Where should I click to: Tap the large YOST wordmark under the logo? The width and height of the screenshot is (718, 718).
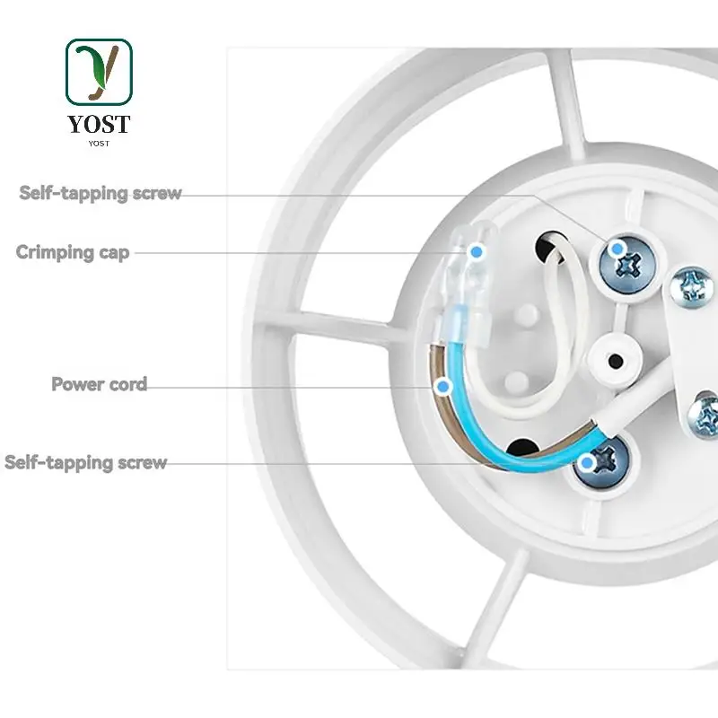[99, 124]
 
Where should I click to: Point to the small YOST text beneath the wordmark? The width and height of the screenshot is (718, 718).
[99, 143]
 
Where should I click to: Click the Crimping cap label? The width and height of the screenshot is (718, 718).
[73, 253]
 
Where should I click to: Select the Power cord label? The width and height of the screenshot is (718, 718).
[99, 385]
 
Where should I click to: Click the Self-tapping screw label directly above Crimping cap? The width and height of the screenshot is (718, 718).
[101, 193]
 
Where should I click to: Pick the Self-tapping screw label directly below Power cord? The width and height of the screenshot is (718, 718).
[86, 463]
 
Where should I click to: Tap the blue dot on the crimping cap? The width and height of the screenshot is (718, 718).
[477, 252]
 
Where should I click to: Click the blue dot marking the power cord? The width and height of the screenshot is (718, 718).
[441, 387]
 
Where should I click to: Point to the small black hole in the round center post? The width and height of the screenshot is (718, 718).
[617, 361]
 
